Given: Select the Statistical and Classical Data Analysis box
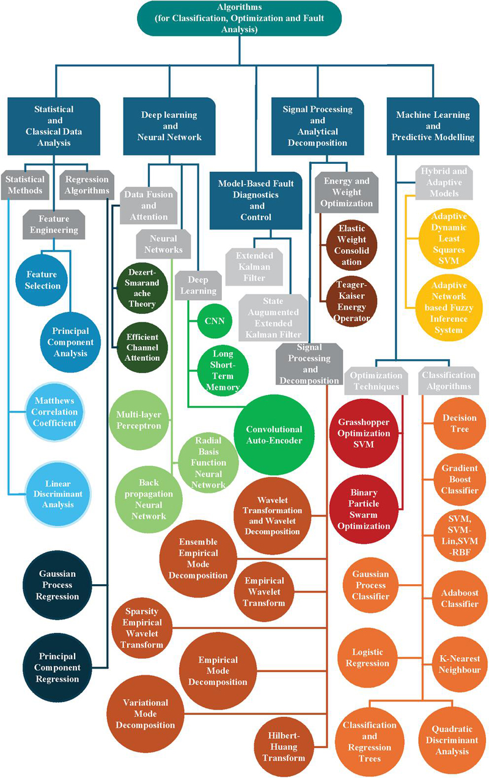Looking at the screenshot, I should (54, 127).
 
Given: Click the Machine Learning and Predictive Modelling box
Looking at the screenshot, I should (433, 125).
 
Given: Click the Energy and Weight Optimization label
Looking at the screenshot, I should (346, 191).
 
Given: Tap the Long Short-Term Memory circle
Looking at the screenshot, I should (219, 369).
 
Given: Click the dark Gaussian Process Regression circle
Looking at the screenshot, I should (57, 585).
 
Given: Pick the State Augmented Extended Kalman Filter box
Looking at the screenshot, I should (273, 317).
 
